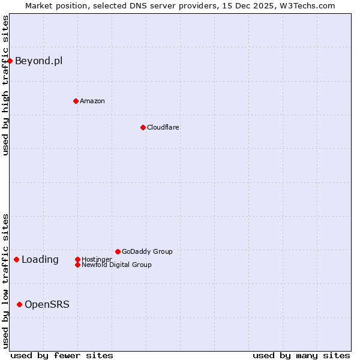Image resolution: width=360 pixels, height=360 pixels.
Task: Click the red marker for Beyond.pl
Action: tap(10, 61)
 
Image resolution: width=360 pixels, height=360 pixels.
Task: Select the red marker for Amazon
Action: tap(76, 101)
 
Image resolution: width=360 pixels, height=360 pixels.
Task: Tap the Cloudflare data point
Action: tap(143, 127)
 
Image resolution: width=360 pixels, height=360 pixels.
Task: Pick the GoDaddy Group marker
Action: tap(118, 251)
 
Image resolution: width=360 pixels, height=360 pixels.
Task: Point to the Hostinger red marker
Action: tap(77, 259)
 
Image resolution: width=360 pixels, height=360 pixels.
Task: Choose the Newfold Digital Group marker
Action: tap(77, 265)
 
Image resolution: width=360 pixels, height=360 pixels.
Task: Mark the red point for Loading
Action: tap(16, 259)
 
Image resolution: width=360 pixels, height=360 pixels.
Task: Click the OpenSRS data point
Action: tap(19, 304)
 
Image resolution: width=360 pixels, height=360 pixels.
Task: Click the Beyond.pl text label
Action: tap(38, 61)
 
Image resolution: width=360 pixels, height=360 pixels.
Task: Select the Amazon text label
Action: tap(92, 101)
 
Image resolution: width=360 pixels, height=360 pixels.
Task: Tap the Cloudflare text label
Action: tap(163, 127)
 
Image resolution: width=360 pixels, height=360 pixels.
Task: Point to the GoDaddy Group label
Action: tap(147, 251)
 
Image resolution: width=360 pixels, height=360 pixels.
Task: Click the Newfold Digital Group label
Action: tap(117, 265)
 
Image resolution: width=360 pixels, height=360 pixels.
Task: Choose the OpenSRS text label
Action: tap(47, 304)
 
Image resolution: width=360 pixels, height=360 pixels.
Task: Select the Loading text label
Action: tap(40, 259)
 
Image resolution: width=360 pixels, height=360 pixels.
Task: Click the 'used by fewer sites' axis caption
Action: tap(62, 355)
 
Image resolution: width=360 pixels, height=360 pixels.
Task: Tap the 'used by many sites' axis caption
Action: tap(301, 355)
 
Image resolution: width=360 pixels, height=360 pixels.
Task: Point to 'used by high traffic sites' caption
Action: tap(5, 85)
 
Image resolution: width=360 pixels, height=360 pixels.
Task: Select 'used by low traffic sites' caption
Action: tap(5, 281)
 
